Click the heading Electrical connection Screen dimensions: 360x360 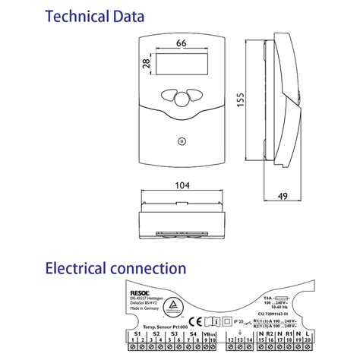pos(115,268)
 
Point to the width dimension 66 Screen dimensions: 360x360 pos(180,44)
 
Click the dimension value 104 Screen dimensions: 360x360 pos(181,185)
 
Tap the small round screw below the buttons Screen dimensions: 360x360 pos(180,141)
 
